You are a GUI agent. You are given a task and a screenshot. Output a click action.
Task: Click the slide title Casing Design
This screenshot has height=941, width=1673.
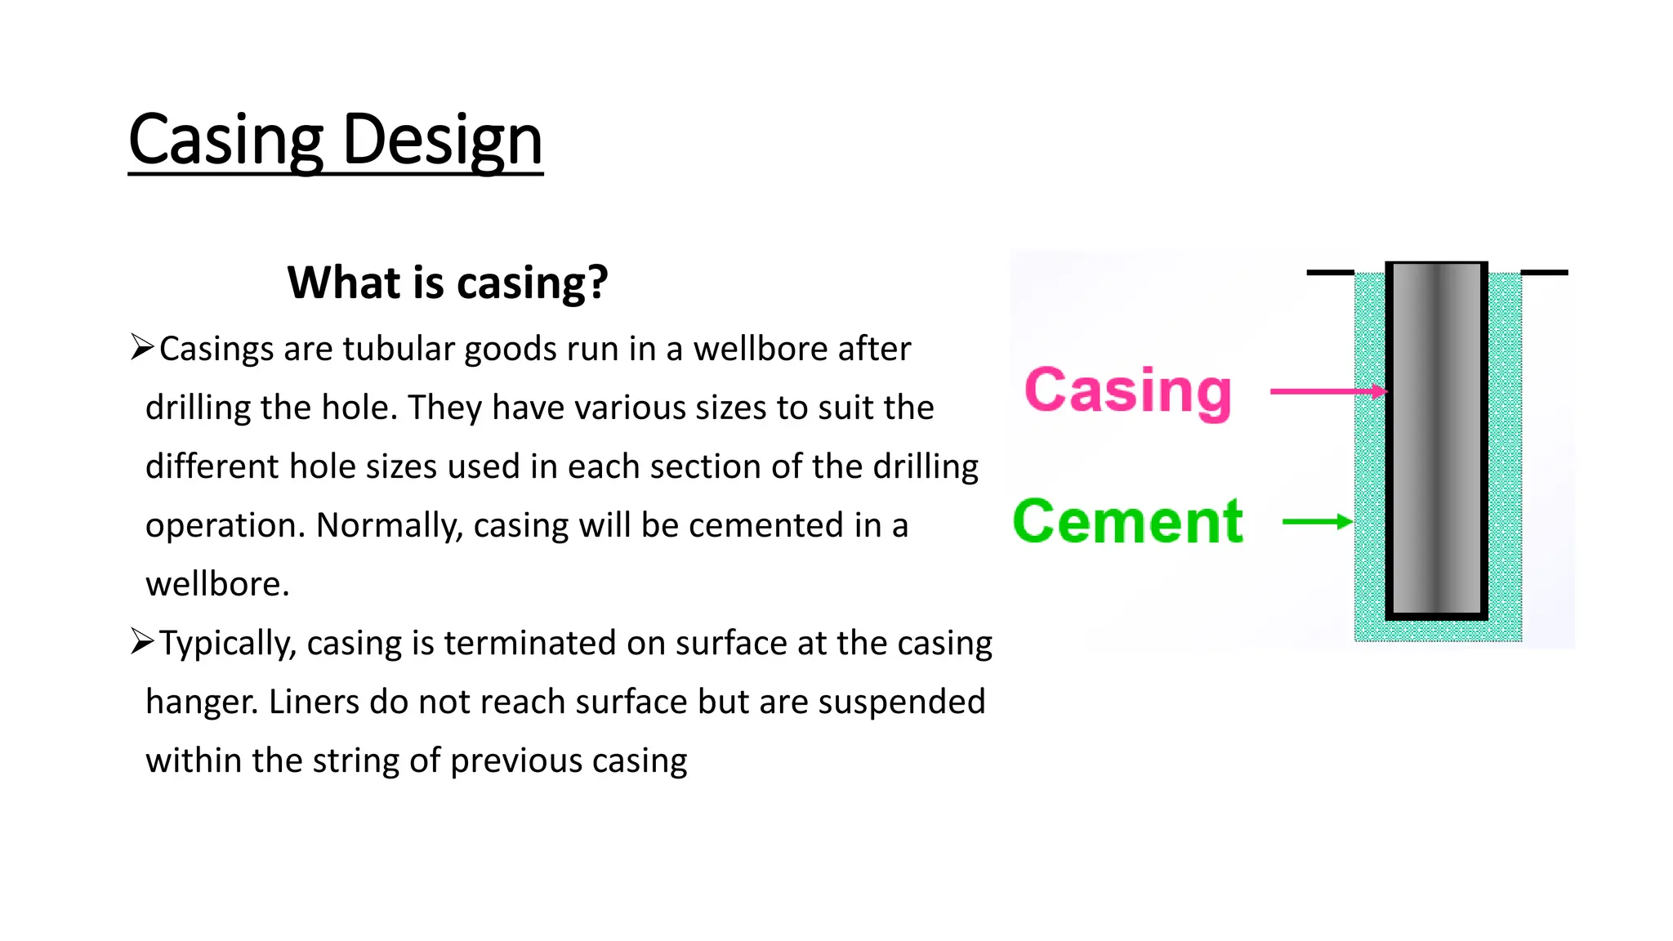335,140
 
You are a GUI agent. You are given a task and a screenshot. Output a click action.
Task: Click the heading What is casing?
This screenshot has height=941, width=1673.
448,283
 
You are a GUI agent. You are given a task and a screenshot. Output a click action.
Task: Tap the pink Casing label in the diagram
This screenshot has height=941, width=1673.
1127,391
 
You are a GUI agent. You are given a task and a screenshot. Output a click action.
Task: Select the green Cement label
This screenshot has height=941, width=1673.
1127,521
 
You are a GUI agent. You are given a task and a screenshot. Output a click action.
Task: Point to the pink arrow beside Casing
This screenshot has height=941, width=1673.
1328,391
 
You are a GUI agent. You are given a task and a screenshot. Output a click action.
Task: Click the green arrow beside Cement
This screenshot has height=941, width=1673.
1317,522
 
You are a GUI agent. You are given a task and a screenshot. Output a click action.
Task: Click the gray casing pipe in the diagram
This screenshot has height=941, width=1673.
1436,441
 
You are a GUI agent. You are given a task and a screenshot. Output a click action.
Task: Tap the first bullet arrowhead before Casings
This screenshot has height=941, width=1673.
142,347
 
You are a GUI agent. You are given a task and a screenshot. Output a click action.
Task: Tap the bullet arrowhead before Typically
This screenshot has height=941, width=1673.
142,642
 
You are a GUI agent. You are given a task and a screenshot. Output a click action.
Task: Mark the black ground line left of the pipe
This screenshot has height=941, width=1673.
1330,273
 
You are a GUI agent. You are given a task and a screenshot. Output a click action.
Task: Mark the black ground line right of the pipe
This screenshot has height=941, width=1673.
1544,273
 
